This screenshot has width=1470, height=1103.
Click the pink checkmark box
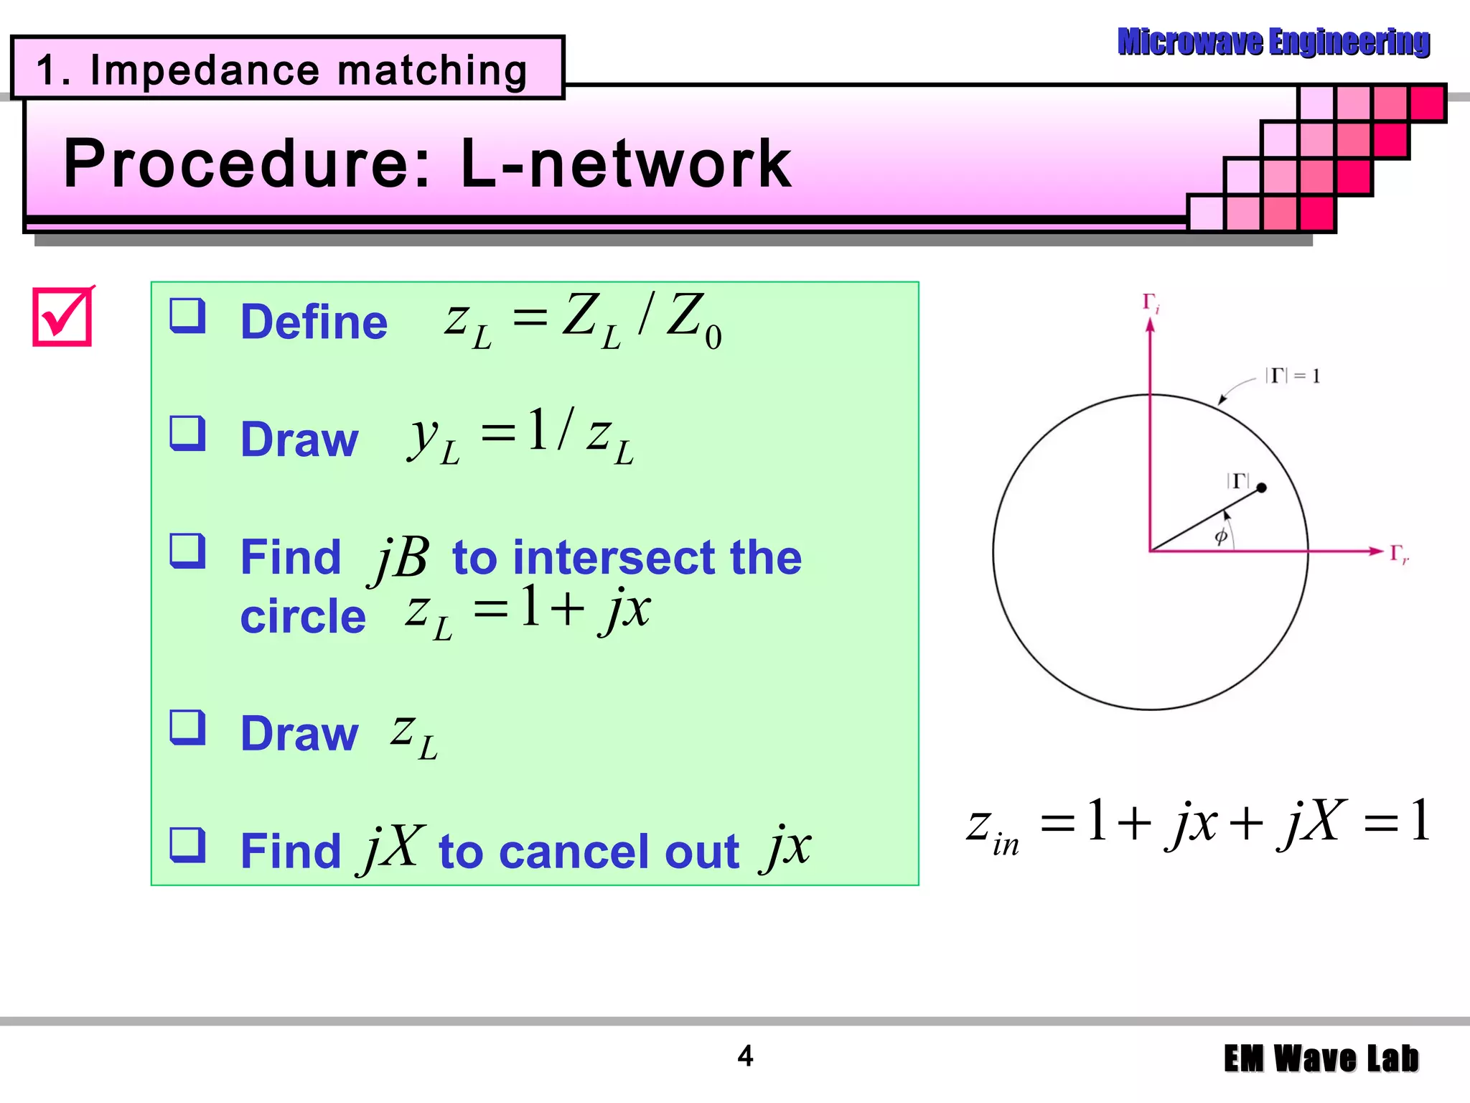coord(62,317)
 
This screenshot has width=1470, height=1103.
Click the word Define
coord(314,322)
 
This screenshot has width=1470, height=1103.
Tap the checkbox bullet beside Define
coord(187,316)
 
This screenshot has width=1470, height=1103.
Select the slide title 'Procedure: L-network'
coord(428,164)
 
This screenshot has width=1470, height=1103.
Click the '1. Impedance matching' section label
coord(281,70)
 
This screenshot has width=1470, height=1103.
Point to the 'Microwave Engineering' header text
coord(1273,42)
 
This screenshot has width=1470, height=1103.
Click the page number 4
coord(745,1056)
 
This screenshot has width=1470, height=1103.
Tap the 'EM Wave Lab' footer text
coord(1321,1058)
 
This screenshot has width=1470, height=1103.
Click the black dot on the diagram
coord(1261,488)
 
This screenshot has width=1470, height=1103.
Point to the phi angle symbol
coord(1220,536)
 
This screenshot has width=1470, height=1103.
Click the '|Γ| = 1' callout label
coord(1292,376)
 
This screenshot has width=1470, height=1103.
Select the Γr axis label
coord(1399,554)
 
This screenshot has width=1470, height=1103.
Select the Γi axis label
coord(1151,302)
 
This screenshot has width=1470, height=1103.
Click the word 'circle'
coord(303,616)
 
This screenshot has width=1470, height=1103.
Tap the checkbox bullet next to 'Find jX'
coord(187,844)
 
